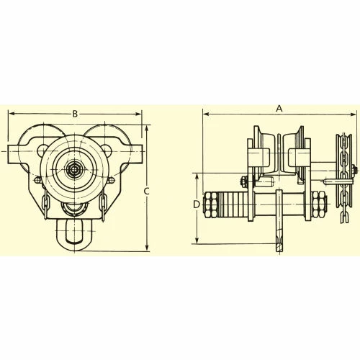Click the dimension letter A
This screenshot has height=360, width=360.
(279, 109)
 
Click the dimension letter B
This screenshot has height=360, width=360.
(75, 114)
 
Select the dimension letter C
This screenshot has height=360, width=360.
(146, 192)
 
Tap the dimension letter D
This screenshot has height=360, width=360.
(197, 204)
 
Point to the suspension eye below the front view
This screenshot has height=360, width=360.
(75, 235)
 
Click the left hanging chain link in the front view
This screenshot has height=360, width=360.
(45, 204)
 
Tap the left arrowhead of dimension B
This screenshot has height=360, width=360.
(12, 114)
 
